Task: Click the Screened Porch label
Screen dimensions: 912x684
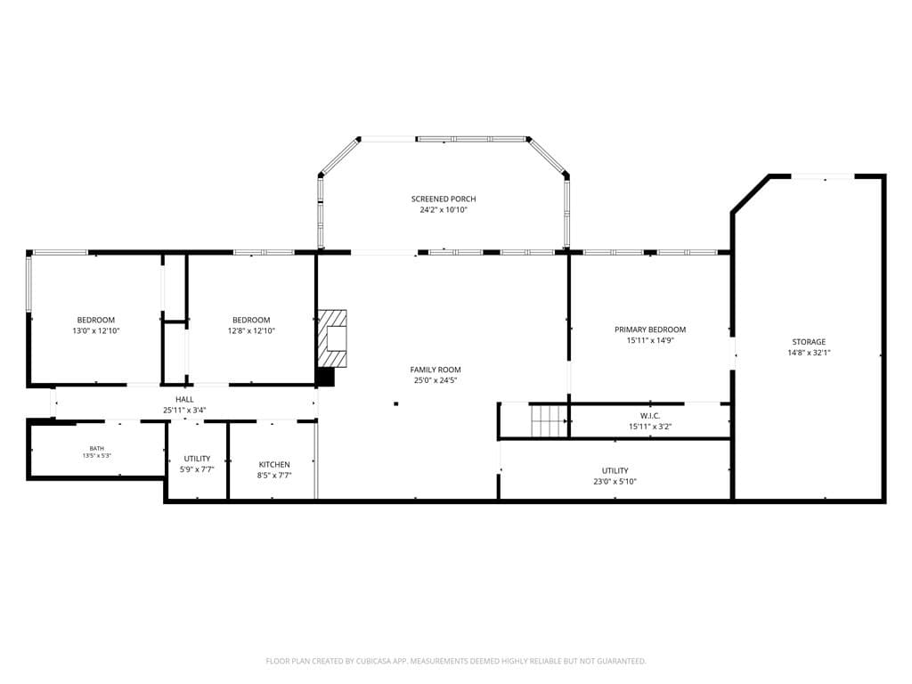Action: [x=444, y=199]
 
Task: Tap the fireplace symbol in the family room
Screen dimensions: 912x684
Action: [x=332, y=338]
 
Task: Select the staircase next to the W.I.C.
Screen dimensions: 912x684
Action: [x=549, y=420]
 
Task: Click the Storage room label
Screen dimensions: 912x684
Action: [x=809, y=342]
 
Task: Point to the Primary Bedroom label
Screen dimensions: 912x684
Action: [x=649, y=330]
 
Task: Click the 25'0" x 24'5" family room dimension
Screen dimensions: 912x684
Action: [x=435, y=380]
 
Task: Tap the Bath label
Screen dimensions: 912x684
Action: [x=96, y=449]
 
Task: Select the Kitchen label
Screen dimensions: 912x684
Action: [x=274, y=465]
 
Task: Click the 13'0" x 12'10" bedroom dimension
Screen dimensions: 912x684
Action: [x=96, y=331]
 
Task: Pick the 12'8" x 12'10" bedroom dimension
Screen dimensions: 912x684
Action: [x=251, y=331]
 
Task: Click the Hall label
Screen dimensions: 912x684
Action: [x=184, y=400]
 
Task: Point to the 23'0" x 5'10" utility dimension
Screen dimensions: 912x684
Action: [x=615, y=482]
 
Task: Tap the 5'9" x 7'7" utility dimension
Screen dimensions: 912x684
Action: [x=197, y=469]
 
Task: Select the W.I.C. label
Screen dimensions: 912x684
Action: [x=649, y=416]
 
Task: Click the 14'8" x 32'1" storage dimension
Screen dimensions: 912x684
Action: [x=809, y=353]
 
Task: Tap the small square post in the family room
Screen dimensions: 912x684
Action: [x=396, y=403]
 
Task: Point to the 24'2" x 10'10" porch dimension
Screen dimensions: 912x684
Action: [x=444, y=210]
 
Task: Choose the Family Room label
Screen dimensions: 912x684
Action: [x=435, y=370]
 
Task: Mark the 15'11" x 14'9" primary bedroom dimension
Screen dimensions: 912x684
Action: [x=649, y=341]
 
